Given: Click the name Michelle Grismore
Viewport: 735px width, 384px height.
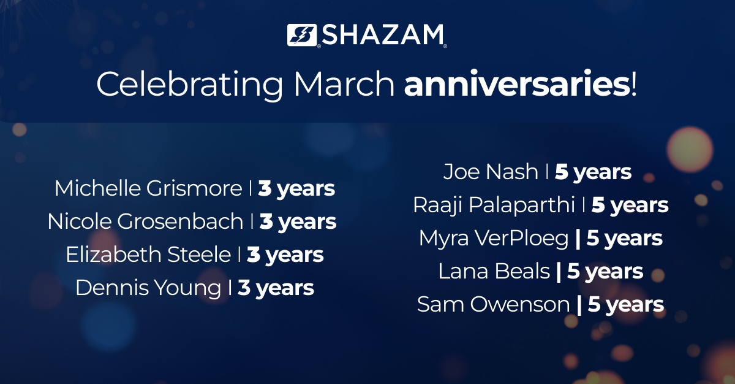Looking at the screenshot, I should [x=148, y=188].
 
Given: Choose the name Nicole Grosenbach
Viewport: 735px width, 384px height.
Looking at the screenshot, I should [x=145, y=221].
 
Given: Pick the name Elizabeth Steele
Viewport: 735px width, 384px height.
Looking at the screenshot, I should [x=148, y=255].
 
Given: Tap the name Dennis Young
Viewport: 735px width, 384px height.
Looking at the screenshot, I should [x=148, y=288].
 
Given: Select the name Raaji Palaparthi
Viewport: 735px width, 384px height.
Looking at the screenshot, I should [x=494, y=205].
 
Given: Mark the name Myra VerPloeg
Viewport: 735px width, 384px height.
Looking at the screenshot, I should [x=494, y=239].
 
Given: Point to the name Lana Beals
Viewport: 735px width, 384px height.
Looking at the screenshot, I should [x=494, y=272].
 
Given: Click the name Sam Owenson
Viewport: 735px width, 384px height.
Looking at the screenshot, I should [x=494, y=305].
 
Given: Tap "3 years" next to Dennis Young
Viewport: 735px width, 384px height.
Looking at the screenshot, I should [x=276, y=288].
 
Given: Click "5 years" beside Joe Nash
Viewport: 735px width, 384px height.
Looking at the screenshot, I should [x=593, y=172].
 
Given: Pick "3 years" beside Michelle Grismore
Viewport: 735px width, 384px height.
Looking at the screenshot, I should [x=296, y=188].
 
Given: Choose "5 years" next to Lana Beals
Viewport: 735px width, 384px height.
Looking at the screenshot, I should [x=605, y=272].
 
